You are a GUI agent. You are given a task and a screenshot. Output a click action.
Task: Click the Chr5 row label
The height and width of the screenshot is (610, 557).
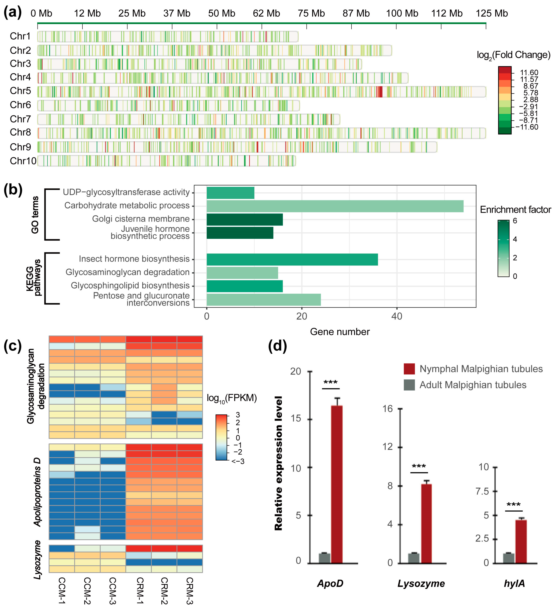coord(20,91)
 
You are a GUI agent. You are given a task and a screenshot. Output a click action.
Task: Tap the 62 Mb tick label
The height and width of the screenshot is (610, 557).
coord(266,13)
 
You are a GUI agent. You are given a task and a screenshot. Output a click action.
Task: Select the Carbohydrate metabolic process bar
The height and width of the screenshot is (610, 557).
coord(335,206)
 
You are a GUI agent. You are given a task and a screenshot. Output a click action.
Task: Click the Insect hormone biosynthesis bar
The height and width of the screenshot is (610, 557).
coord(292,259)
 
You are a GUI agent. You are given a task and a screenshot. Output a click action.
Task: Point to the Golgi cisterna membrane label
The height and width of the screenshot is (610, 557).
coord(141,219)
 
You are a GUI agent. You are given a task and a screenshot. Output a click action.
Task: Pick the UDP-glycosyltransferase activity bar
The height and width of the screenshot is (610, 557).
coord(230,193)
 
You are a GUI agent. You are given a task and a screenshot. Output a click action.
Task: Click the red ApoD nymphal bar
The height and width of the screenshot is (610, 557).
coord(337,484)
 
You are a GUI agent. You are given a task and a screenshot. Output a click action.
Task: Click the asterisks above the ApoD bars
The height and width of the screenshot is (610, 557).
coord(331,383)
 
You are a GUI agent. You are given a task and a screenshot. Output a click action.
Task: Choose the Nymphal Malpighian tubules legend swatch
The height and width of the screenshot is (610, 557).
coord(409,369)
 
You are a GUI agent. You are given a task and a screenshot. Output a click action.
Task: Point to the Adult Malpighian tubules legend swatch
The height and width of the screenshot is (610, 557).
coord(409,385)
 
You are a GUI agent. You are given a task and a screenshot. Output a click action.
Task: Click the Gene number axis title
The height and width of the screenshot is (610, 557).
coord(340,332)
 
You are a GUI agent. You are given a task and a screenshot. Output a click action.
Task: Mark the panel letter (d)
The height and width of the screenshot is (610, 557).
coord(277,346)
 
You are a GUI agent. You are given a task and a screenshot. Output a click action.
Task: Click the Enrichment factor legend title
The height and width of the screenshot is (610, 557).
coord(515,210)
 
